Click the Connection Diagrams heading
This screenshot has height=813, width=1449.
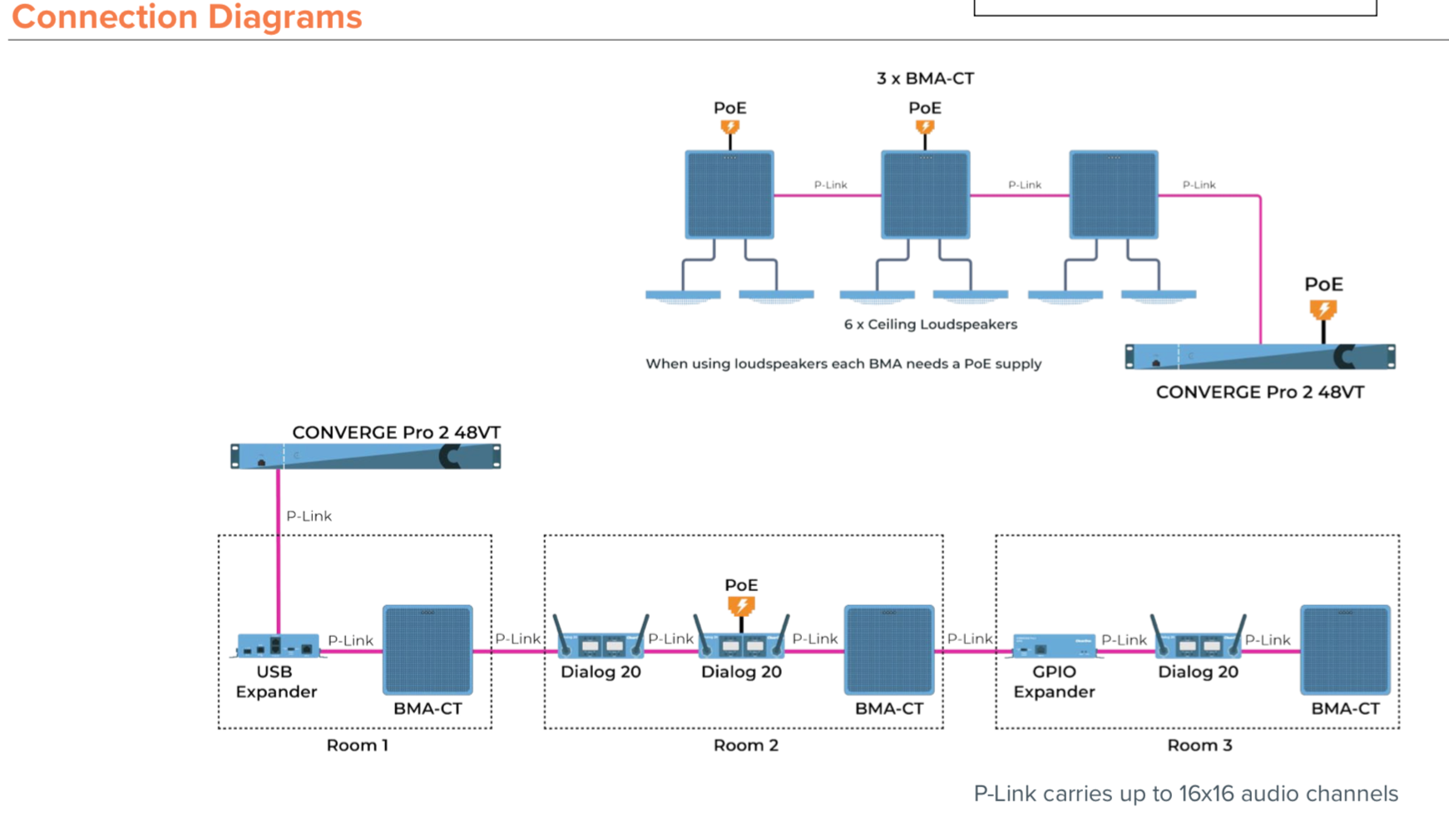[186, 17]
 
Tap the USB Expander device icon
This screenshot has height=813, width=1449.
[277, 646]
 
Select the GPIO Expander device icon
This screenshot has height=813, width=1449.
[1054, 646]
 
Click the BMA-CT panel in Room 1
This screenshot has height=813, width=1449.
[428, 650]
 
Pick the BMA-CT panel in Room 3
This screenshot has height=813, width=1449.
[1345, 650]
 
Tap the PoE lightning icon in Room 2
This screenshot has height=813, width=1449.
[741, 605]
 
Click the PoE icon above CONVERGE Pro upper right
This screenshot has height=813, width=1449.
[1323, 309]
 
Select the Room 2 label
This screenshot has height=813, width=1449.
[745, 745]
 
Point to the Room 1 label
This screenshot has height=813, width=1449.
[357, 745]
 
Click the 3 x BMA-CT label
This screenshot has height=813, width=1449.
[925, 78]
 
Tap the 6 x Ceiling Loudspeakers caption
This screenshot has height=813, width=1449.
[930, 324]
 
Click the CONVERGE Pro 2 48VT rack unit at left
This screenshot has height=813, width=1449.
[365, 456]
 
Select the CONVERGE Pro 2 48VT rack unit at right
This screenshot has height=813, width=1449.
[1259, 357]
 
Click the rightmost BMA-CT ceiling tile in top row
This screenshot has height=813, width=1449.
[1113, 195]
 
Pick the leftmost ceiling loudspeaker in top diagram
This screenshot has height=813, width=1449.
[683, 295]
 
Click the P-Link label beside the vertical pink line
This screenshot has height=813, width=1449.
[309, 516]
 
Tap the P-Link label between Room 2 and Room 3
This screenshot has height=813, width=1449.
[969, 638]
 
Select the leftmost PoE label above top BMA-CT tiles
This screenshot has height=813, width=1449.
[729, 108]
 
